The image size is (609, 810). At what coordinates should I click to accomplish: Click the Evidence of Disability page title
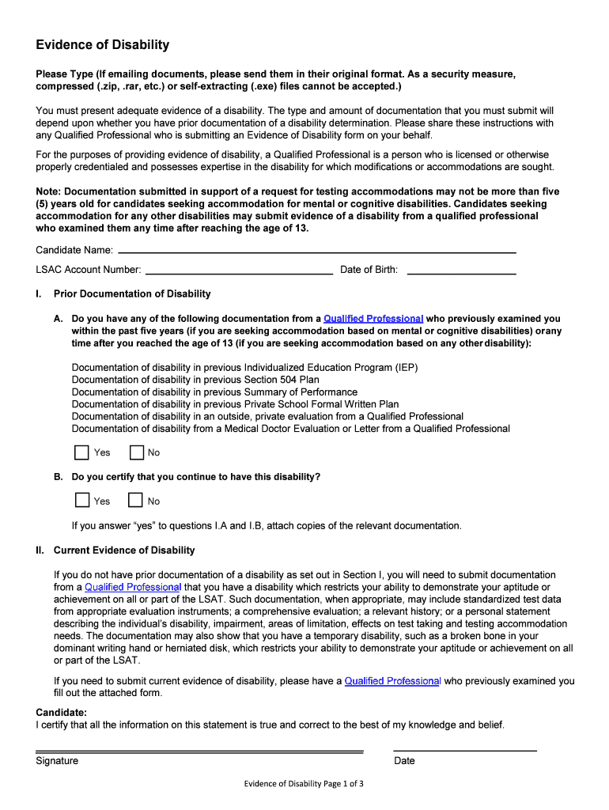point(102,45)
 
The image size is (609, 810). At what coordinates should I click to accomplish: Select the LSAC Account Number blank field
point(238,271)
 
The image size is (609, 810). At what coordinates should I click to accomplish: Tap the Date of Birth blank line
point(460,271)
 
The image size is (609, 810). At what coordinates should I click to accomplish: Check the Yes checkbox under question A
point(81,452)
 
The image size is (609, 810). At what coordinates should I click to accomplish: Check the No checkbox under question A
point(136,452)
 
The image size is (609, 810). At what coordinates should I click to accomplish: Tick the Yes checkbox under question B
point(81,501)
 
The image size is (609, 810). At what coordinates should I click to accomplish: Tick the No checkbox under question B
point(136,501)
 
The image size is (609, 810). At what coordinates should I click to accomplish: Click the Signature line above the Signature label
point(199,751)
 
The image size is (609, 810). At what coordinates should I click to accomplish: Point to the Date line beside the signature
point(465,750)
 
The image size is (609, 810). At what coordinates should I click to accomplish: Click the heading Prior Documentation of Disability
point(132,294)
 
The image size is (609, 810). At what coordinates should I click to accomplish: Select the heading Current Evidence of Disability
point(124,551)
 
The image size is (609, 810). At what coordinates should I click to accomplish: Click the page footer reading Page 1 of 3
point(304,784)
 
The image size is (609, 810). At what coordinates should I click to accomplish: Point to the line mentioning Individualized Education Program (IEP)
point(244,368)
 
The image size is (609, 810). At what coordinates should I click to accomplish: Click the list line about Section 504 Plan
point(195,380)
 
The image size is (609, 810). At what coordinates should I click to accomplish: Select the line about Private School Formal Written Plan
point(235,404)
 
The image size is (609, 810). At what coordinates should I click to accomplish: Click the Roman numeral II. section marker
point(40,551)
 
